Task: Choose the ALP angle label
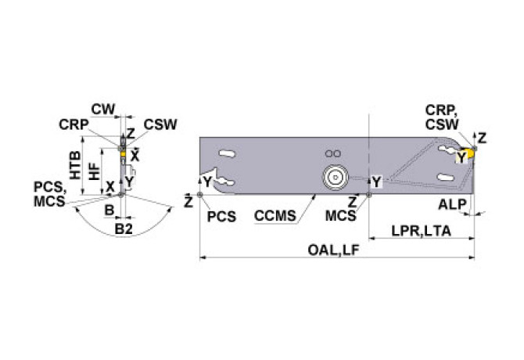point(452,204)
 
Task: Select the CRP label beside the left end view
point(73,124)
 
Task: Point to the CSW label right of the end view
point(160,124)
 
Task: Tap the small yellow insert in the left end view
point(122,155)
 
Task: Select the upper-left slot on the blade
point(227,153)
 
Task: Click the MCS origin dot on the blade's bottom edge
point(368,193)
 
